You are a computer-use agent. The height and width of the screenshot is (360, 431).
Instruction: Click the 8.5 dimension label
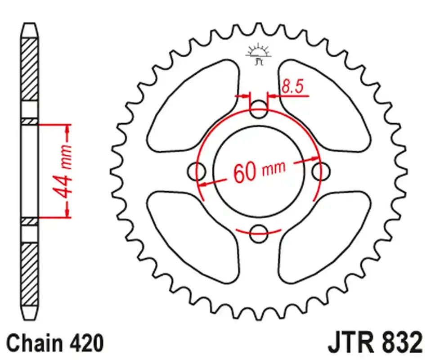pos(292,86)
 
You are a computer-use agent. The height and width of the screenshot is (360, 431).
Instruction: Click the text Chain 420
pos(55,343)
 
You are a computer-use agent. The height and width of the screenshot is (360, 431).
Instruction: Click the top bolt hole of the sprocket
pos(259,109)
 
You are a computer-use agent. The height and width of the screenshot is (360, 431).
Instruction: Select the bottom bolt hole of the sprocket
pos(259,232)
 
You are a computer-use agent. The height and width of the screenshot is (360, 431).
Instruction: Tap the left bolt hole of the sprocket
pos(197,171)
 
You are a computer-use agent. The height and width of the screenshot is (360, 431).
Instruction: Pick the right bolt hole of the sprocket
pos(321,171)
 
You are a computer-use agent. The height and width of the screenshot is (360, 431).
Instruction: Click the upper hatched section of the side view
pos(30,70)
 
